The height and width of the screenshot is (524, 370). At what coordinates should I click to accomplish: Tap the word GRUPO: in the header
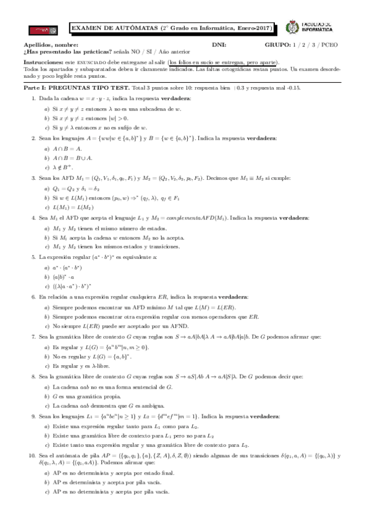click(x=278, y=46)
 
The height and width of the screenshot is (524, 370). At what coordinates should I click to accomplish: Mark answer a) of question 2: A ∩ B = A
click(x=63, y=148)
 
